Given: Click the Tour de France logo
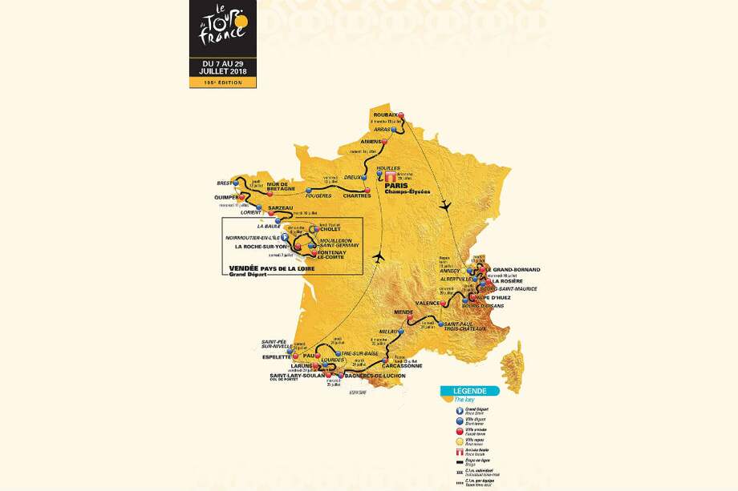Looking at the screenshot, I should point(223,30).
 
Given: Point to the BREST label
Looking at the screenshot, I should point(224,183).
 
